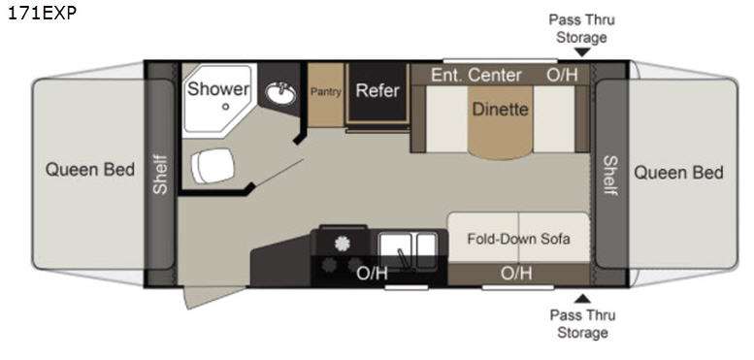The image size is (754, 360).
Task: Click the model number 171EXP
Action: click(x=42, y=13)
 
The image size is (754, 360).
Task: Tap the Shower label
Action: click(x=218, y=89)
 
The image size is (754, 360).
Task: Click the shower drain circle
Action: click(x=225, y=107)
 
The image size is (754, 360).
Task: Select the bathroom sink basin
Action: click(x=280, y=94)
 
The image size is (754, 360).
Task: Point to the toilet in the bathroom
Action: click(x=213, y=166)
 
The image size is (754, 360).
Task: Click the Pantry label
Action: click(x=325, y=91)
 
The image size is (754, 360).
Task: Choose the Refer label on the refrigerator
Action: click(x=377, y=90)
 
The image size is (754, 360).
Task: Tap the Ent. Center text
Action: click(x=475, y=75)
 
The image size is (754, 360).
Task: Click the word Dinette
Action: click(x=500, y=109)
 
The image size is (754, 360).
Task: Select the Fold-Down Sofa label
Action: click(x=518, y=239)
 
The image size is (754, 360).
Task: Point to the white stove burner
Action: click(x=342, y=244)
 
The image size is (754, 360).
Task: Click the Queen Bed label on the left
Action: click(x=90, y=170)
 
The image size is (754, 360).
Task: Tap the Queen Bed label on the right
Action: click(x=678, y=172)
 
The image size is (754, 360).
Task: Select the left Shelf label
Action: click(x=160, y=174)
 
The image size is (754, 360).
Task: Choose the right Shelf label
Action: click(x=610, y=176)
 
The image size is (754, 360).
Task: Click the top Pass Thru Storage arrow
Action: click(x=582, y=51)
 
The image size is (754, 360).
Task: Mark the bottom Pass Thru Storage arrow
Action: click(x=583, y=299)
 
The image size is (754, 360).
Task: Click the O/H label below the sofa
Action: click(x=516, y=274)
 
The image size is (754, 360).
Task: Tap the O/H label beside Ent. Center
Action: click(x=562, y=75)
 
